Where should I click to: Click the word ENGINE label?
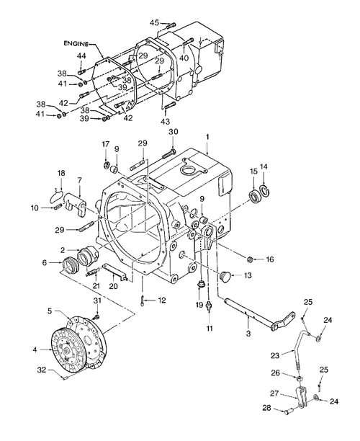[x=76, y=43]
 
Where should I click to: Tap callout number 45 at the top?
[x=154, y=23]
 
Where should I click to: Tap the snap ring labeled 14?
[x=264, y=190]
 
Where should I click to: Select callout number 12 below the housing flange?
[x=163, y=299]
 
